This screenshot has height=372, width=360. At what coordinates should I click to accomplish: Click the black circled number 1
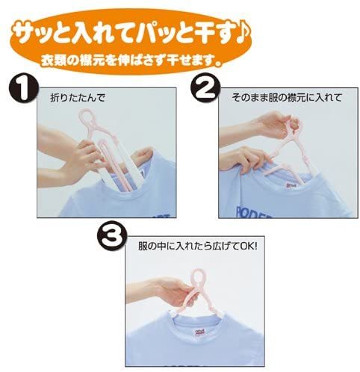(x=24, y=89)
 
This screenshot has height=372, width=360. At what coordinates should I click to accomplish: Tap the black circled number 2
(x=205, y=88)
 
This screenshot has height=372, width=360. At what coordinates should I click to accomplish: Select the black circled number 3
(x=111, y=237)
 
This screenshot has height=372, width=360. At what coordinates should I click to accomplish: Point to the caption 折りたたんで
(x=78, y=98)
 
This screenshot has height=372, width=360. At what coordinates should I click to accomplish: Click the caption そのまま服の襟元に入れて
(x=287, y=97)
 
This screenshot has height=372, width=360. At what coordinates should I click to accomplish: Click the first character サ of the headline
(x=25, y=34)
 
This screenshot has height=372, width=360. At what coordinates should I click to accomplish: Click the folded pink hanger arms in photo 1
(x=117, y=165)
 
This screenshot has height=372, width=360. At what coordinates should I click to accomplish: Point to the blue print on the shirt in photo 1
(x=162, y=215)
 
